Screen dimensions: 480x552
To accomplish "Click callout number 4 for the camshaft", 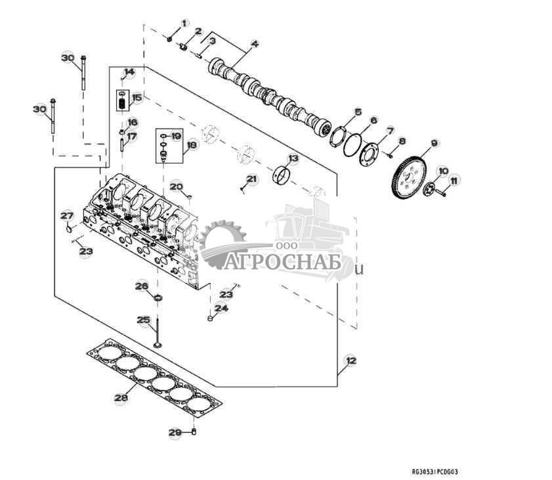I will tap(254, 45).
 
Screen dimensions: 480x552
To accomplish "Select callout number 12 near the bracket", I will tap(350, 360).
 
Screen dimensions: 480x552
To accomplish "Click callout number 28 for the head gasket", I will tap(120, 398).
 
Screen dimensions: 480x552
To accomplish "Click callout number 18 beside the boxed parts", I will tap(192, 145).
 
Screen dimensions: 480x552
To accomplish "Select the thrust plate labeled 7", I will tap(369, 152).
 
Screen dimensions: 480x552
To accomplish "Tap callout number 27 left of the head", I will tap(66, 216).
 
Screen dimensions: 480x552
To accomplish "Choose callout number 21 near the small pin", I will tap(252, 179).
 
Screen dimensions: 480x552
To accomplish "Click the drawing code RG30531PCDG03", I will tap(434, 471).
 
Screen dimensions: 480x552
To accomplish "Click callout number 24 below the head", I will tap(221, 308).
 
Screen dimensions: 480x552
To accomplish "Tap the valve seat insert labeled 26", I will tap(158, 299).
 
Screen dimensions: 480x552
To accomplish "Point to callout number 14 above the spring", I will tap(129, 72).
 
